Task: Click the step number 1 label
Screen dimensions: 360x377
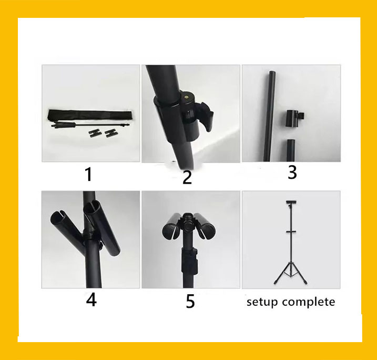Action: pos(89,173)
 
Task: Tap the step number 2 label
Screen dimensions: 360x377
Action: pos(187,177)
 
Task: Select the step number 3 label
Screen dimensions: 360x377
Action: pos(292,172)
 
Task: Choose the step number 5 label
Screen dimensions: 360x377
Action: pos(190,302)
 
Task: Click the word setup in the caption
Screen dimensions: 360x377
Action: pos(263,302)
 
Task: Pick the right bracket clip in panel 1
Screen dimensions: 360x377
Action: pos(111,132)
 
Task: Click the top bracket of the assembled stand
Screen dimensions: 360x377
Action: pos(291,203)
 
